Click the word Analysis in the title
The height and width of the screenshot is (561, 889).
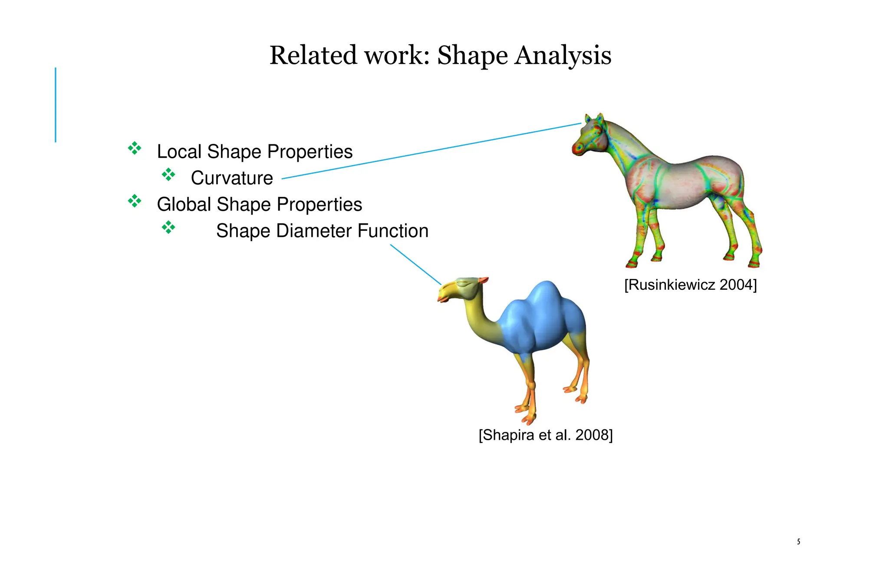tap(563, 56)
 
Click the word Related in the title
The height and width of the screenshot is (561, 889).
tap(313, 56)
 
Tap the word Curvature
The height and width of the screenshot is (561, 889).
tap(232, 178)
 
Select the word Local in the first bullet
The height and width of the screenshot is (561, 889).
tap(179, 152)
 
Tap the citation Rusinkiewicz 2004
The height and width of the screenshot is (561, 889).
tap(690, 285)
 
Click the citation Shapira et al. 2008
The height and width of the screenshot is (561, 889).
tap(545, 435)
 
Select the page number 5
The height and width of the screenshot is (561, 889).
tap(798, 541)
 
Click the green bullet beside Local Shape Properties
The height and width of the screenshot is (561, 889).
tap(135, 148)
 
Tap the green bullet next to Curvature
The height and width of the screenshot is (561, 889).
tap(168, 175)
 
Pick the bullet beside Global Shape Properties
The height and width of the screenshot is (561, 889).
tap(135, 201)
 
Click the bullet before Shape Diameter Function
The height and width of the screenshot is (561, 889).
tap(168, 227)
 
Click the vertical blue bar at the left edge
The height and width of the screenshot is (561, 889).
tap(56, 105)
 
